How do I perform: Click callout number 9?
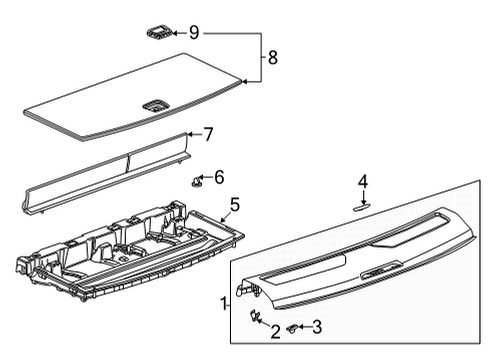click(x=194, y=33)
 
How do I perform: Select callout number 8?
click(x=273, y=58)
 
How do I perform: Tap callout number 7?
click(x=208, y=133)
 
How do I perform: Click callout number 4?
click(x=363, y=181)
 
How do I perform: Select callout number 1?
click(x=223, y=301)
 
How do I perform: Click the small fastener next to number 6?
click(x=197, y=181)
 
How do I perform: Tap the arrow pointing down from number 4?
click(x=363, y=196)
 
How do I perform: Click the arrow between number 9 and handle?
click(x=178, y=33)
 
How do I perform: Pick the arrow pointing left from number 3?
click(x=303, y=327)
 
